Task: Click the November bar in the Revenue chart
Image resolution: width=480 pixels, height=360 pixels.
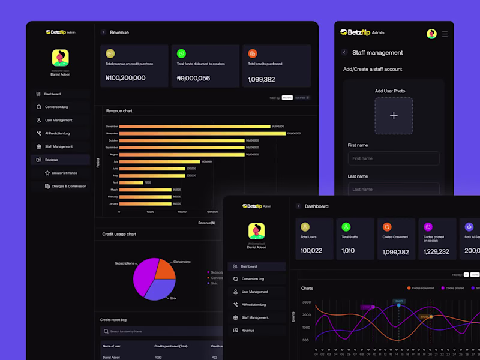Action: click(202, 133)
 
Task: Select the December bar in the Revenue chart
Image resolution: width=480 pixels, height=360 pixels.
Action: click(194, 127)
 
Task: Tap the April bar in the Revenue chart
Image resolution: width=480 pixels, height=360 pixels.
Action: click(131, 182)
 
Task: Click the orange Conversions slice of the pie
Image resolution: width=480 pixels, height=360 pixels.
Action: click(164, 270)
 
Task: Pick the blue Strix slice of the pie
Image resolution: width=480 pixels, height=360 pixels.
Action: click(161, 289)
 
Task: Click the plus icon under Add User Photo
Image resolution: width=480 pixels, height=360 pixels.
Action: click(394, 115)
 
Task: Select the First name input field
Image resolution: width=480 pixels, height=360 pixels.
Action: click(394, 158)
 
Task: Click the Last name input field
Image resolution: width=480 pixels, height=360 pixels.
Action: click(394, 189)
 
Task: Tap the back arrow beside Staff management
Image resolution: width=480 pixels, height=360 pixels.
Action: click(344, 53)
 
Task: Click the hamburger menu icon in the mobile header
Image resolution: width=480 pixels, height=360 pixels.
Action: click(445, 34)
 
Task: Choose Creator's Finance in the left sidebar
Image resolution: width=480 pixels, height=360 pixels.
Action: click(65, 173)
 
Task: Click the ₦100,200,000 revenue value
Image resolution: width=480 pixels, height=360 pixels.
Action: click(125, 78)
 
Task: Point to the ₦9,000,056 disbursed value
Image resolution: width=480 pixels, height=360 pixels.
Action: click(193, 78)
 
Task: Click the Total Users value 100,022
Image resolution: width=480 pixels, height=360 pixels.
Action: click(311, 251)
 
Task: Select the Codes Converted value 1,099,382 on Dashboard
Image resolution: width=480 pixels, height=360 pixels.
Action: click(395, 252)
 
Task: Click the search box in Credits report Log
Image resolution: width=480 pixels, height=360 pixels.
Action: click(162, 331)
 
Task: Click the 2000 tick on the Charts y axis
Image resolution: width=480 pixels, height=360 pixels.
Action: click(307, 314)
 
